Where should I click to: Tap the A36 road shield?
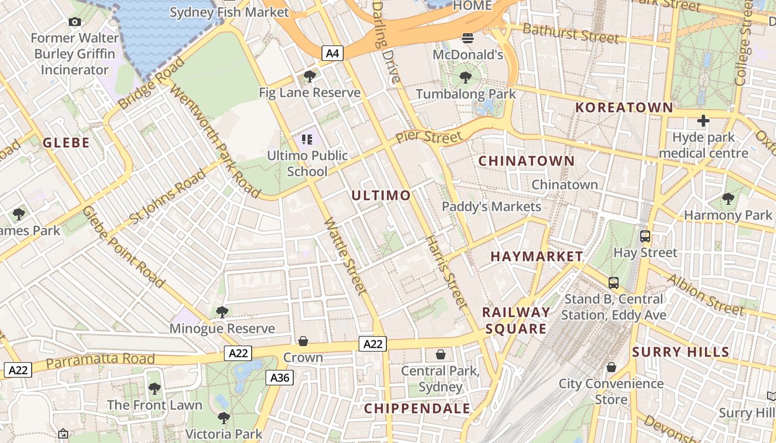click(279, 378)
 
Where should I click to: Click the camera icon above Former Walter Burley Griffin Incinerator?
click(74, 22)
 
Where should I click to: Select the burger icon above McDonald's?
click(468, 38)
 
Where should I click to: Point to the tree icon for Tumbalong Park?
click(466, 78)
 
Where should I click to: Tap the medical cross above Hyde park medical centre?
click(703, 121)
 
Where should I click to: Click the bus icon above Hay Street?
click(645, 236)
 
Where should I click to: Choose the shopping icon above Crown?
click(303, 341)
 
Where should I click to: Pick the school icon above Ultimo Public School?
click(307, 139)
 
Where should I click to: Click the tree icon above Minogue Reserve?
click(222, 312)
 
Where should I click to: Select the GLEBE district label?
click(66, 143)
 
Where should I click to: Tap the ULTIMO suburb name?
click(381, 195)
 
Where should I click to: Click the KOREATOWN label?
click(624, 107)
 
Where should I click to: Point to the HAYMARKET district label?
click(537, 256)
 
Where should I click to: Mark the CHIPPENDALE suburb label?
click(417, 409)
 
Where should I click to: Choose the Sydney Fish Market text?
click(229, 12)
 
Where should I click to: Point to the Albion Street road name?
click(706, 295)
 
